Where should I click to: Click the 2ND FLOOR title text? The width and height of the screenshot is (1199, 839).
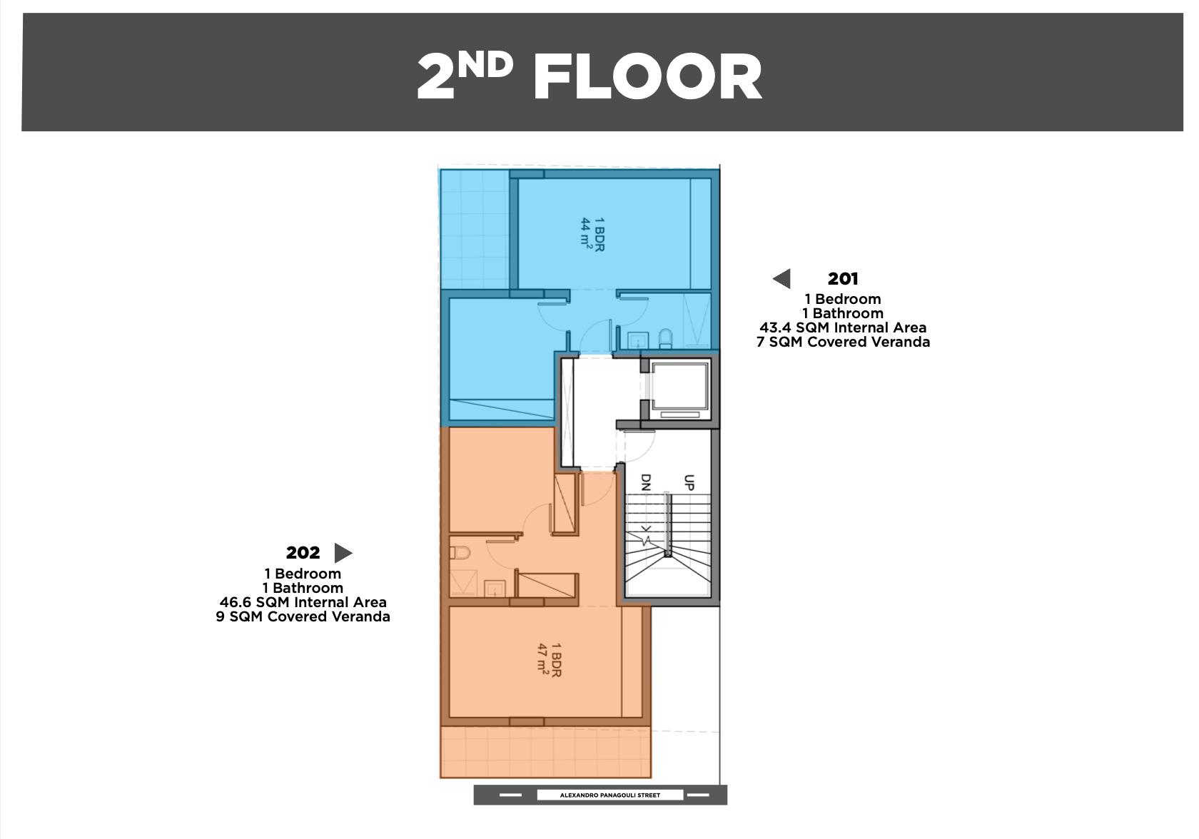pyautogui.click(x=590, y=76)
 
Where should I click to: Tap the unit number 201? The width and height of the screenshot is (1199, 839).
pyautogui.click(x=842, y=279)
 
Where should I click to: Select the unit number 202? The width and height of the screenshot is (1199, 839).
pyautogui.click(x=303, y=553)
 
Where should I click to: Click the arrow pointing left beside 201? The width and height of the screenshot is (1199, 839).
pyautogui.click(x=781, y=279)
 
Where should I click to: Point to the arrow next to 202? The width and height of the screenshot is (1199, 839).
pyautogui.click(x=343, y=553)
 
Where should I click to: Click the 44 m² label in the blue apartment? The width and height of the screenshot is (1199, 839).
pyautogui.click(x=587, y=233)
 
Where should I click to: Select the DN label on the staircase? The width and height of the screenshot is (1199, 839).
pyautogui.click(x=646, y=482)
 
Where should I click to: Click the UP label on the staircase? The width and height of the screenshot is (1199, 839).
pyautogui.click(x=689, y=482)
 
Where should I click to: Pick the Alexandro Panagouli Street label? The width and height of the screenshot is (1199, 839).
pyautogui.click(x=609, y=795)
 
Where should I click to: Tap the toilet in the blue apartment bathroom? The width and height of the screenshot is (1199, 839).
pyautogui.click(x=665, y=338)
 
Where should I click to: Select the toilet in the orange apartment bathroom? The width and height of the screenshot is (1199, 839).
pyautogui.click(x=460, y=552)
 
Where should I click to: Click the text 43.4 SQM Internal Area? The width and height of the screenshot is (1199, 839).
pyautogui.click(x=842, y=327)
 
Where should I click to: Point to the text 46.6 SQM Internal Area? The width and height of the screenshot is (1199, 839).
pyautogui.click(x=303, y=602)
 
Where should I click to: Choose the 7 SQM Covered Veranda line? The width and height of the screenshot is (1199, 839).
pyautogui.click(x=843, y=342)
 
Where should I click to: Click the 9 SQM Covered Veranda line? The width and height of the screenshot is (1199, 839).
pyautogui.click(x=303, y=617)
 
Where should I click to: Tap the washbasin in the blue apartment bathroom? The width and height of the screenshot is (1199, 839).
pyautogui.click(x=637, y=340)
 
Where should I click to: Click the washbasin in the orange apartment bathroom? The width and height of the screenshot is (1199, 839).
pyautogui.click(x=495, y=588)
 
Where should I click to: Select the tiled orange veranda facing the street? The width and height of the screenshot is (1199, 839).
pyautogui.click(x=545, y=752)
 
